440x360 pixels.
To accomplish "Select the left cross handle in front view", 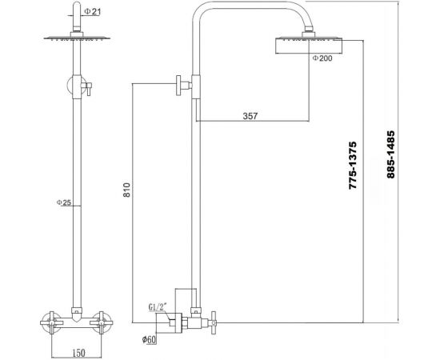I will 50,324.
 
